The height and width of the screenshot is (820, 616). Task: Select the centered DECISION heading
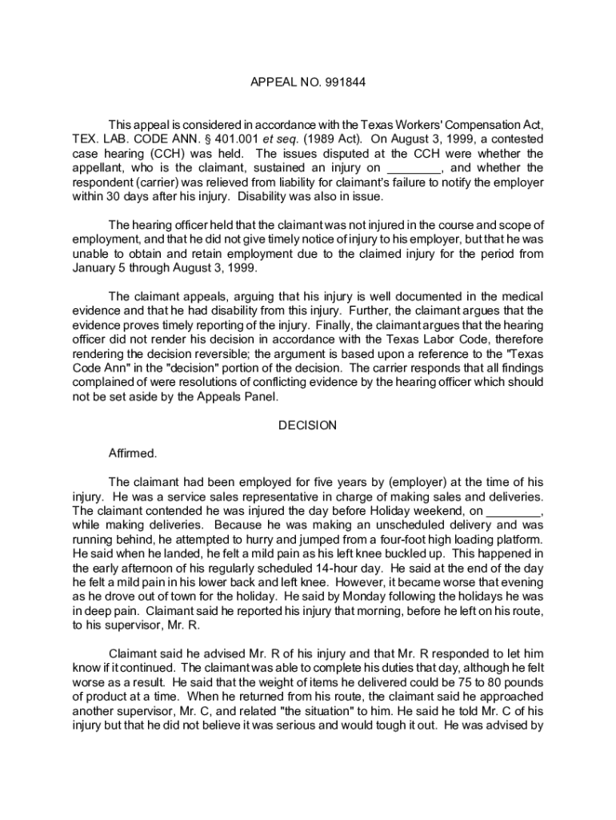[x=308, y=425]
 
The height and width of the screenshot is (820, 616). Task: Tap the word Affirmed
[x=133, y=453]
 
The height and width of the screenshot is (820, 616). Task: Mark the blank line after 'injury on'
[x=414, y=168]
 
